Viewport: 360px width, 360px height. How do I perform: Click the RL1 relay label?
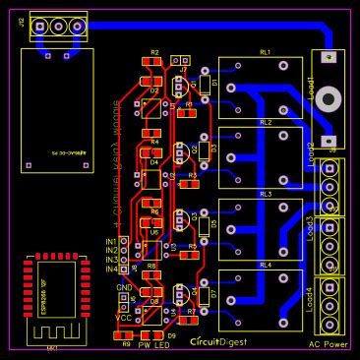tap(266, 51)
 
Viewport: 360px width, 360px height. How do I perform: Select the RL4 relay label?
tap(266, 265)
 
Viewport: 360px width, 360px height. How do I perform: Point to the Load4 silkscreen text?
tap(311, 299)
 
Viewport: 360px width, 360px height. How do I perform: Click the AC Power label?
tap(328, 345)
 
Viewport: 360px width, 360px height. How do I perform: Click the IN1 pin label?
tap(110, 242)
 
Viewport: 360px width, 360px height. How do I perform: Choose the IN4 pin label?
tap(110, 269)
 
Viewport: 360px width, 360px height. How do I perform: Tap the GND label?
tap(124, 287)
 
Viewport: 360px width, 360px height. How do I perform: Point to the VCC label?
tap(123, 318)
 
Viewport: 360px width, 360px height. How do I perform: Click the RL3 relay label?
tap(266, 194)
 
